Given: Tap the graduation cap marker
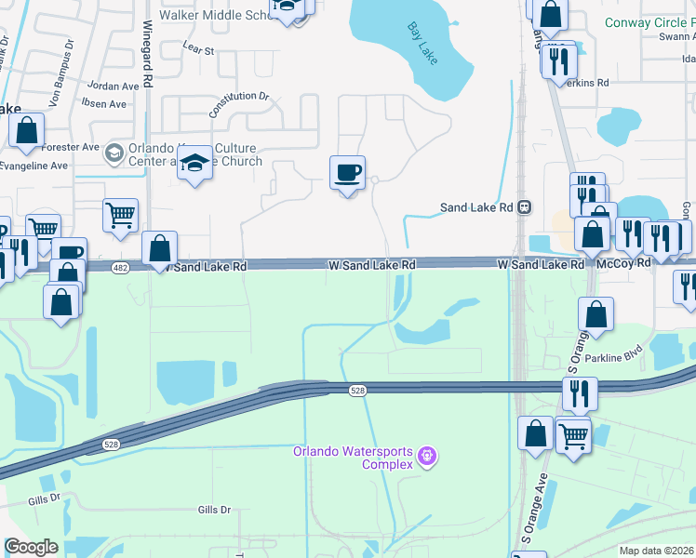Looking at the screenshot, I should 194,165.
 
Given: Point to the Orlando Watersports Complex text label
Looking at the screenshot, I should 353,458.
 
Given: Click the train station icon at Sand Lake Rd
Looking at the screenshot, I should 525,208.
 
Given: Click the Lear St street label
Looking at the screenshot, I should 198,50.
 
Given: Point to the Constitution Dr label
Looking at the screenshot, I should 239,103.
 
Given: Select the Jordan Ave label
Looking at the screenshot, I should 105,86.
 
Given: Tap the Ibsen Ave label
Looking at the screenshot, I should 105,104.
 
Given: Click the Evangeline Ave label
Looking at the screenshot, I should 34,166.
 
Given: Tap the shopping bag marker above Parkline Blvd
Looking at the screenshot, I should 596,314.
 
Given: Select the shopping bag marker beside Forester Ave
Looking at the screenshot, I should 26,131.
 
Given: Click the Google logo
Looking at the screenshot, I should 32,547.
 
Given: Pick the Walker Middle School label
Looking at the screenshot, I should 215,15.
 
